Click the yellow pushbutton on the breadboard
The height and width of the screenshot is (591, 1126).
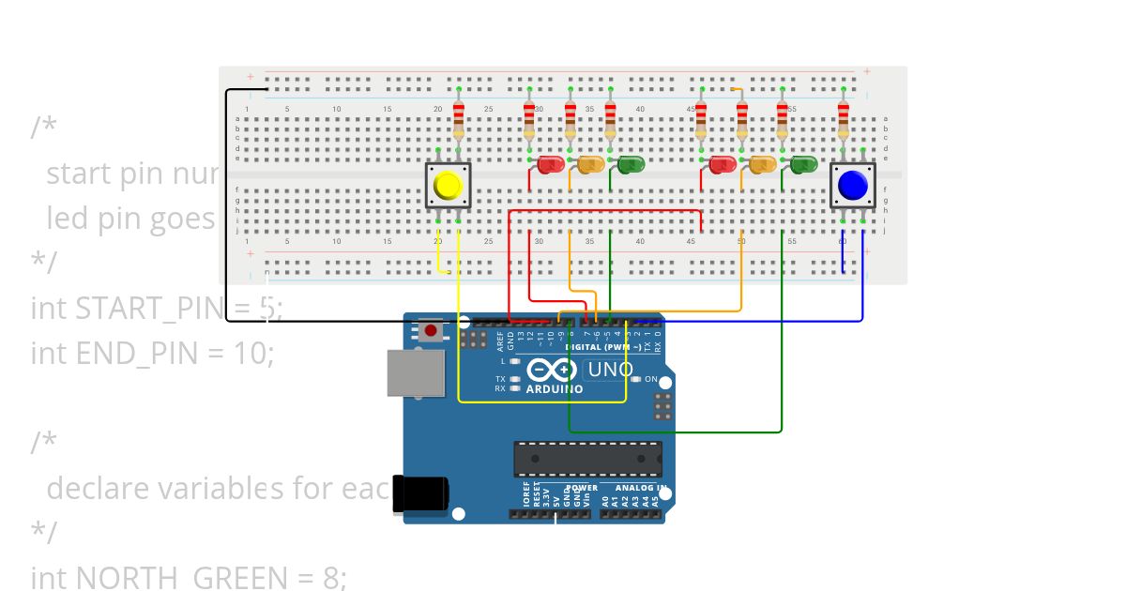(449, 186)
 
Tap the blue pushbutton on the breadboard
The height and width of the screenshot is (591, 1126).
(852, 185)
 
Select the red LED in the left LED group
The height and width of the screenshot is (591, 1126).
(550, 165)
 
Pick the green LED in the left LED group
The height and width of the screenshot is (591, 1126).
(631, 165)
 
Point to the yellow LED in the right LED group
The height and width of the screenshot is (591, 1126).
(762, 165)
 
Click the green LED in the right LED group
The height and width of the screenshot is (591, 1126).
(804, 165)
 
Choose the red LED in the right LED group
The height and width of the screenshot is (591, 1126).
(723, 165)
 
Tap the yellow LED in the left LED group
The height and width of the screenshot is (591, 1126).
(590, 165)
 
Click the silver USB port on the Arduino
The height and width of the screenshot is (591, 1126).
(416, 372)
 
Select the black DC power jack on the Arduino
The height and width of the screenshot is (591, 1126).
(418, 493)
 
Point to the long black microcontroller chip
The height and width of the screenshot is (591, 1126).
(586, 459)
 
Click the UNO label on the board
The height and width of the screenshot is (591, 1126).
(611, 370)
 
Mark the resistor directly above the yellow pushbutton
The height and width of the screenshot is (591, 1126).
(458, 118)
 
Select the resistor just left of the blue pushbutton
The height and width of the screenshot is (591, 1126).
(843, 118)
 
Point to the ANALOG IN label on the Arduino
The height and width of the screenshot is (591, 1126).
(642, 488)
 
